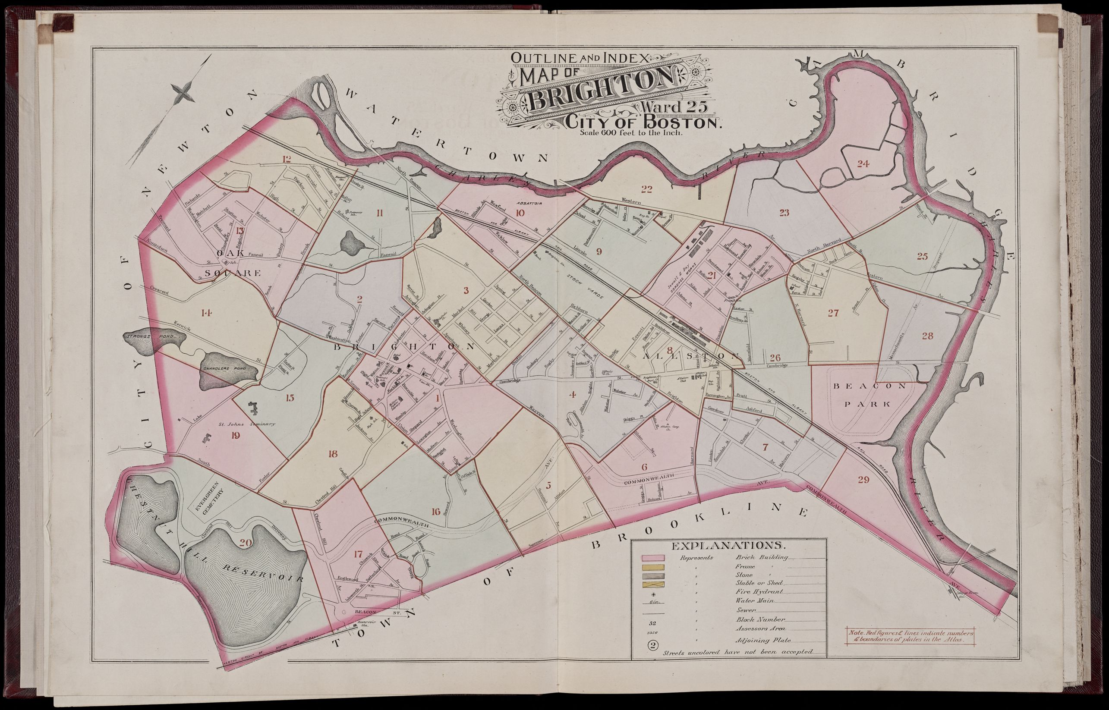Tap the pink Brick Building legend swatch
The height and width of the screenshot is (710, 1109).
pyautogui.click(x=652, y=558)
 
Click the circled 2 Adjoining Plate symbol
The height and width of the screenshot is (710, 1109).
pyautogui.click(x=652, y=645)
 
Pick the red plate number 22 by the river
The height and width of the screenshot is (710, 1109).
pyautogui.click(x=646, y=188)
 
